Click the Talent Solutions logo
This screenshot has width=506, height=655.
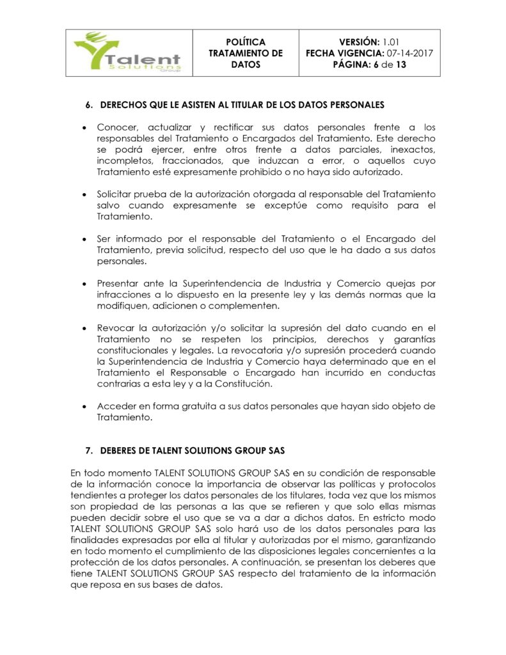click(127, 53)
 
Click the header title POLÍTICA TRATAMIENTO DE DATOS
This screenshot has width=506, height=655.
click(246, 53)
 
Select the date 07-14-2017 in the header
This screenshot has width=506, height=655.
click(410, 53)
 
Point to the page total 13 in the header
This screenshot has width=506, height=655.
click(401, 65)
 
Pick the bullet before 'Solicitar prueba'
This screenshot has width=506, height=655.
click(84, 194)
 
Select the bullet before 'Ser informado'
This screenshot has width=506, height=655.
click(84, 239)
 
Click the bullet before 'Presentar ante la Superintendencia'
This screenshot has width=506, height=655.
click(84, 283)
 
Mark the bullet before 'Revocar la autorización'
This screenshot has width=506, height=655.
click(84, 328)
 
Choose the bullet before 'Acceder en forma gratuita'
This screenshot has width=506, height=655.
click(84, 406)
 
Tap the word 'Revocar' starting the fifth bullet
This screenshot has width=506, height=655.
click(116, 328)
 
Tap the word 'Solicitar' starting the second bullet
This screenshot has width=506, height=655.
click(116, 194)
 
